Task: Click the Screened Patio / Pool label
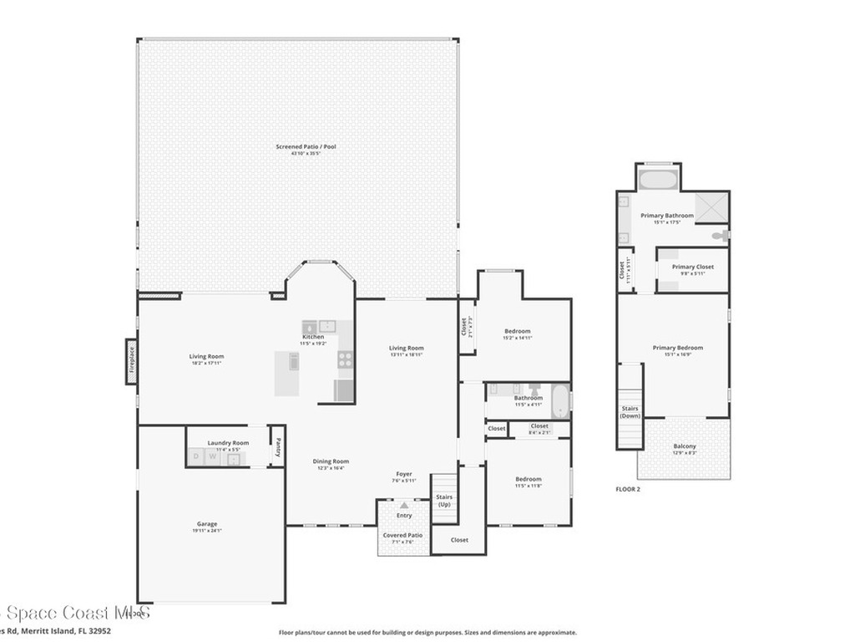point(306,147)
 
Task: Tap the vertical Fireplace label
point(131,361)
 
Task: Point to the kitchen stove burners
point(344,359)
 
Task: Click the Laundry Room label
point(228,442)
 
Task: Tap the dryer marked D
point(196,456)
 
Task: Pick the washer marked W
point(213,456)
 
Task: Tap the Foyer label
point(404,474)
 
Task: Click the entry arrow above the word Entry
point(404,505)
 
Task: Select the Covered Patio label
point(402,535)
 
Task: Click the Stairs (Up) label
point(444,501)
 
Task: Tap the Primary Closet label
point(693,267)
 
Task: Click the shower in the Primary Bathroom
point(711,206)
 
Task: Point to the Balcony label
point(684,446)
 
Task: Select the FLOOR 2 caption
point(627,489)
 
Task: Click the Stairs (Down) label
point(630,412)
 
